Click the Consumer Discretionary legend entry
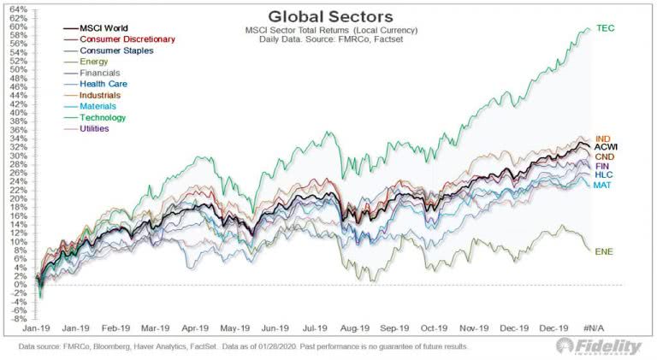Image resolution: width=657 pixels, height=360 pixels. pos(127,38)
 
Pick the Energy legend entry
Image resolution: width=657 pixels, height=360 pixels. pos(94,61)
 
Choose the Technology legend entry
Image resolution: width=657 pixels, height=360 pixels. pos(103,117)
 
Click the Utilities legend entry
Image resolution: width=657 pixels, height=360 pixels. pos(97,128)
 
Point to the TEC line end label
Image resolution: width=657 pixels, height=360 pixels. pos(605,28)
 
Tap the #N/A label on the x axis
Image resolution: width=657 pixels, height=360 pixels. pos(595,328)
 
